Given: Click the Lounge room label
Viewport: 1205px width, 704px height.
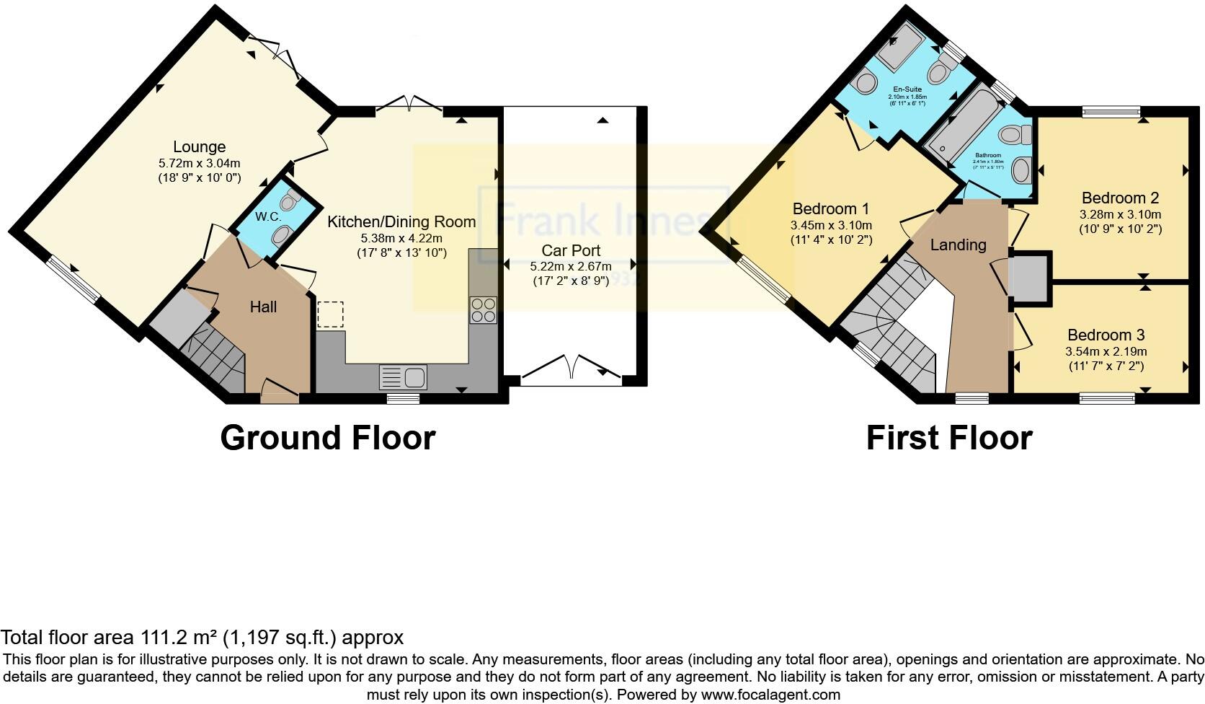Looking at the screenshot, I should [x=200, y=147].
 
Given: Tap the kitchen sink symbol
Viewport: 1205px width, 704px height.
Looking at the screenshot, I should [x=403, y=377].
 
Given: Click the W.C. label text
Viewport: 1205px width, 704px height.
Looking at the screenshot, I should [x=268, y=216].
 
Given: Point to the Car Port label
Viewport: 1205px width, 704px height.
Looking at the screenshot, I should [x=571, y=250].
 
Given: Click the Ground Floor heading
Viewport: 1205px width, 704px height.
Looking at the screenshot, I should [x=327, y=438].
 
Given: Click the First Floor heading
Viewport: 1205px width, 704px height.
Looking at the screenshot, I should [x=949, y=438].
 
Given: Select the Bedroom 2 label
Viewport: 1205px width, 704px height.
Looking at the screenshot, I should [x=1120, y=198].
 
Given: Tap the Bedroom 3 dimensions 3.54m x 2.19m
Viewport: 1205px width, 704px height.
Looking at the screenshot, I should [x=1106, y=352].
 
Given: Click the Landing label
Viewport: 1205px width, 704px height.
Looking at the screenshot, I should [x=958, y=245].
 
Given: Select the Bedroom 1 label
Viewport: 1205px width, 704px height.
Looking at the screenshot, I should [x=831, y=209].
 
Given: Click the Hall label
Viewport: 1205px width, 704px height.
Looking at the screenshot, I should [x=263, y=307].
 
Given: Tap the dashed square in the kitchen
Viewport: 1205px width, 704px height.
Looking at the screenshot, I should [x=331, y=314].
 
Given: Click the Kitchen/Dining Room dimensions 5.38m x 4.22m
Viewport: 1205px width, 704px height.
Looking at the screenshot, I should [x=401, y=238].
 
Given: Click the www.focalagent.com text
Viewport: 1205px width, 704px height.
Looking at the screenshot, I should [x=770, y=695].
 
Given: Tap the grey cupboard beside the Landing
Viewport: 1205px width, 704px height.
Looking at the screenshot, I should [x=1029, y=277].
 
